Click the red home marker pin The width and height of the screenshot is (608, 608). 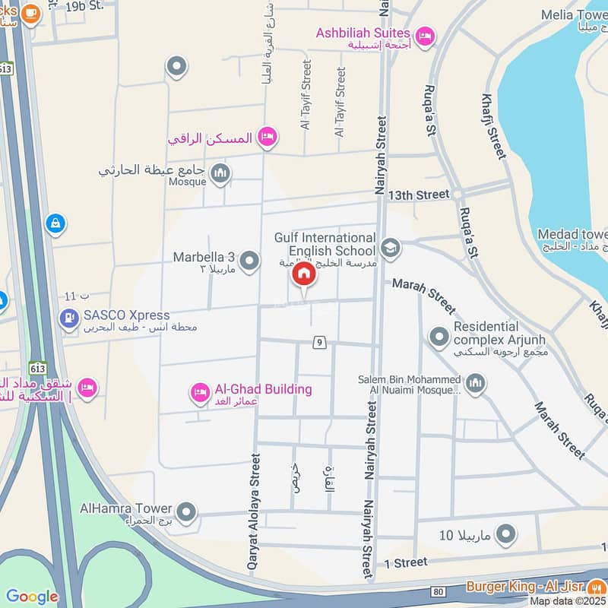point(304,275)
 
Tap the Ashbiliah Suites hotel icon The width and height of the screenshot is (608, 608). point(425,34)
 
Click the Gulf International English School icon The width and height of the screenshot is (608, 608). point(391,247)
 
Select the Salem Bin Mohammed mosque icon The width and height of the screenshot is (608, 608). point(476,384)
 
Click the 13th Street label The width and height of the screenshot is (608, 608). point(419,195)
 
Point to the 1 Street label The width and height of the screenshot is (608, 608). point(407,563)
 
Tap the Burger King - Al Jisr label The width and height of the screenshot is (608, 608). point(536,587)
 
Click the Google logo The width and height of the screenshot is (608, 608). point(32,597)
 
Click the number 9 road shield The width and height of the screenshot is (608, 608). point(319,343)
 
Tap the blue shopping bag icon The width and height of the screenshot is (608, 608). point(55,224)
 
